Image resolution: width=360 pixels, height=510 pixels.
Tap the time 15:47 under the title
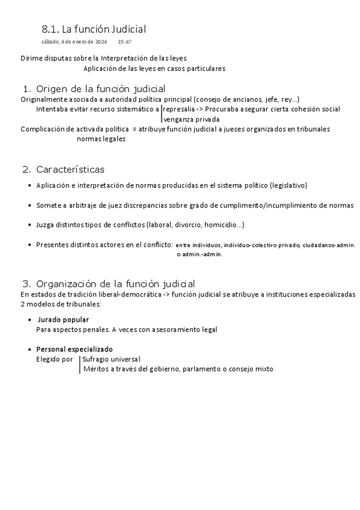click(124, 42)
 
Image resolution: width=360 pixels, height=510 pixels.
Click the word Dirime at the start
click(31, 58)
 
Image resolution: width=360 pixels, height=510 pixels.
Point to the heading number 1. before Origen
click(26, 89)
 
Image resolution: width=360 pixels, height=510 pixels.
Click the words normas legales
click(101, 139)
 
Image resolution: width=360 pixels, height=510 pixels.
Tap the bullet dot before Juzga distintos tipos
click(30, 226)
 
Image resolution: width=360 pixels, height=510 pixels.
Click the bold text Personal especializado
click(75, 349)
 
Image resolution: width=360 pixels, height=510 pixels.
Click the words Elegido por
click(54, 359)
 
